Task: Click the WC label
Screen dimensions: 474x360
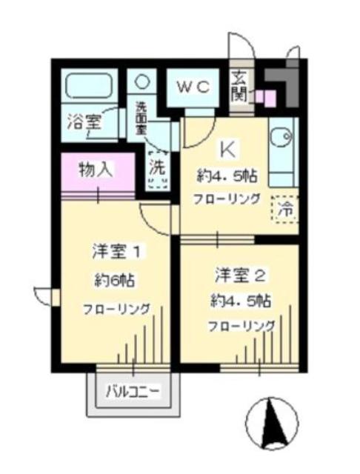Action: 194,86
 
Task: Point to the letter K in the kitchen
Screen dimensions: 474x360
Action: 226,149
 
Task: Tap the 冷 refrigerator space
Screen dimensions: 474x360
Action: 285,209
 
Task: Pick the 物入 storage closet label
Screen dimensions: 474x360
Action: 97,169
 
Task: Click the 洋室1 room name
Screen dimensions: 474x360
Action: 116,252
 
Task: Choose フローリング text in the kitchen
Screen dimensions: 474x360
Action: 227,198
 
